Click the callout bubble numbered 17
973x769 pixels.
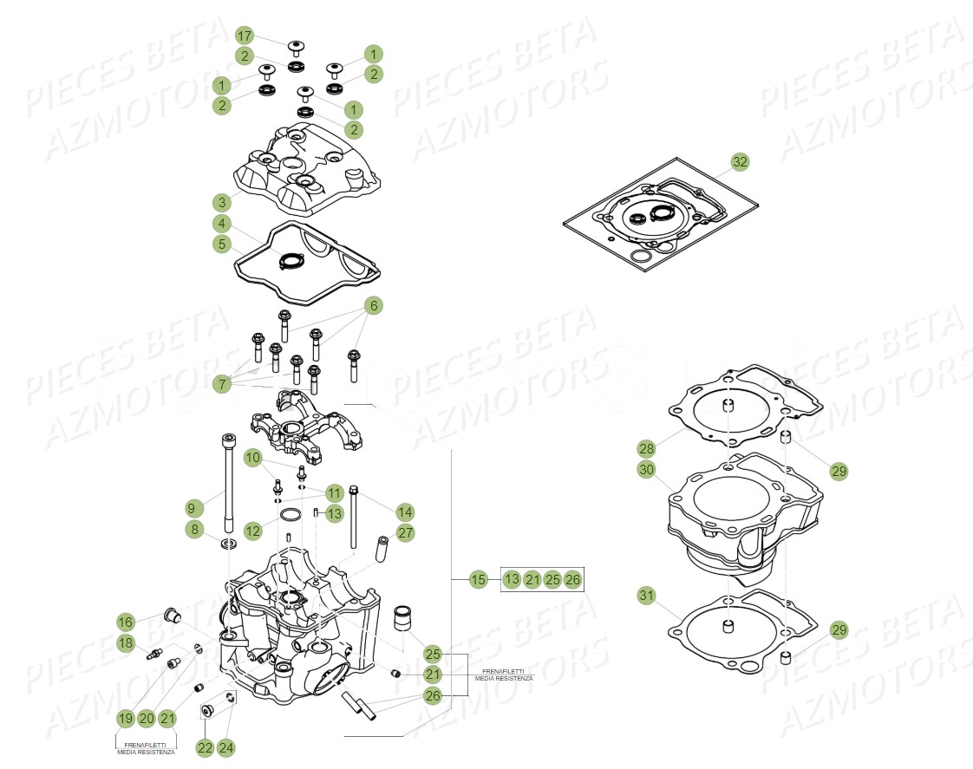click(x=245, y=36)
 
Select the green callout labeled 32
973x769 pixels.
click(x=739, y=162)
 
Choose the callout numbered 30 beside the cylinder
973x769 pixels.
click(x=645, y=470)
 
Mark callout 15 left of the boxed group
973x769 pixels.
click(x=478, y=579)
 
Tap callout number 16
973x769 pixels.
click(x=126, y=621)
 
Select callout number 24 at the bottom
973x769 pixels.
click(x=226, y=747)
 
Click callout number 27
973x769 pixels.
click(x=406, y=532)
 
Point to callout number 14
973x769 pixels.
click(x=405, y=510)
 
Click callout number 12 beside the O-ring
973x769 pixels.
click(x=252, y=530)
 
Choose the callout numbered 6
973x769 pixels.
click(x=373, y=305)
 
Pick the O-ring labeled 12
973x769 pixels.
click(x=291, y=518)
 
